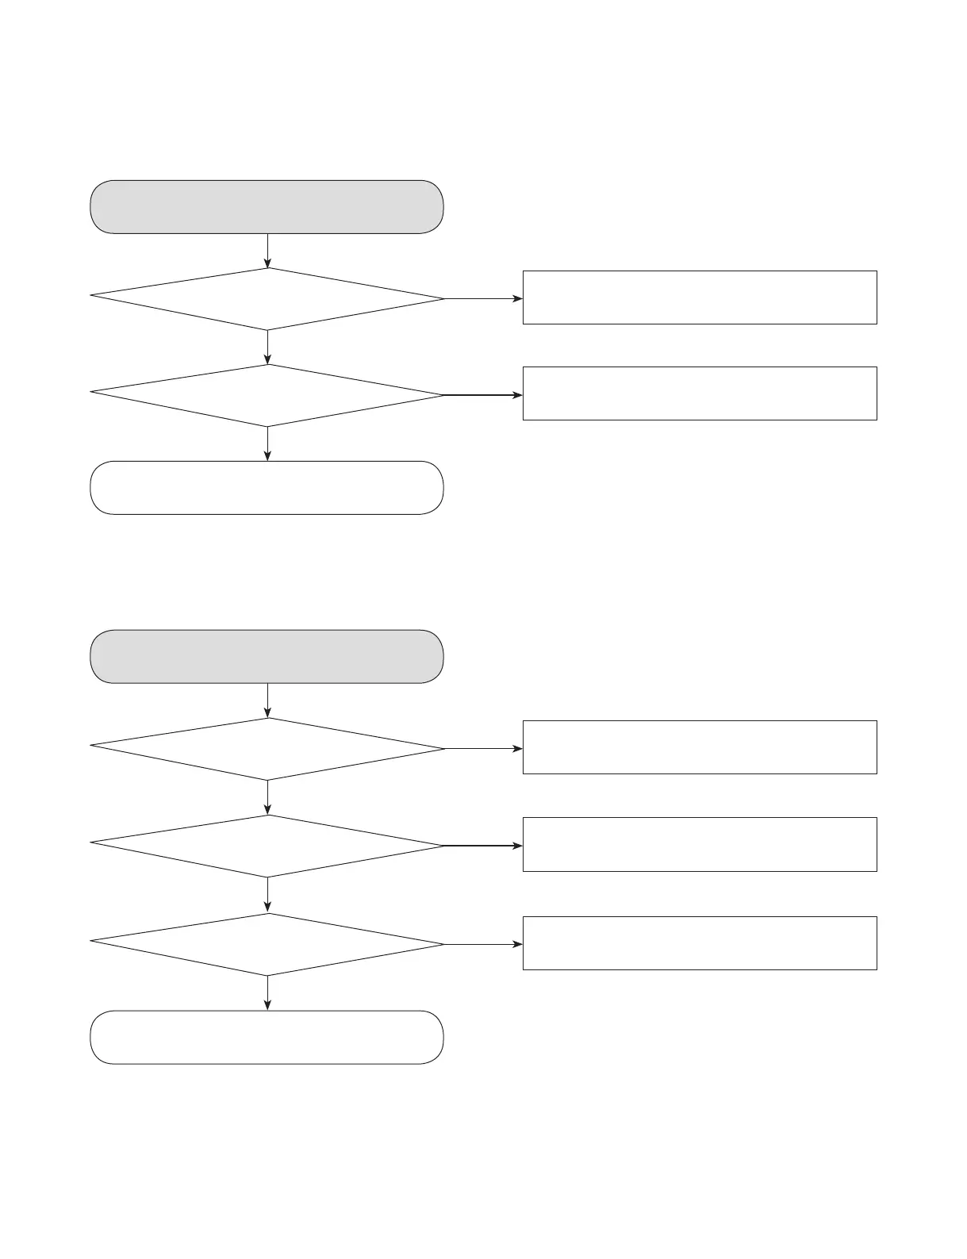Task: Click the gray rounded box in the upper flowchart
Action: click(267, 207)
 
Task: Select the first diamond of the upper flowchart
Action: click(267, 298)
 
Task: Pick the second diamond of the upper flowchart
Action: click(267, 395)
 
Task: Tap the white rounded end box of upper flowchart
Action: click(267, 488)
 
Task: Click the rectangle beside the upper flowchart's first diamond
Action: click(700, 297)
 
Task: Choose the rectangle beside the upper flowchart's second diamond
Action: click(700, 393)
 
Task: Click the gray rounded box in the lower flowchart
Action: click(267, 657)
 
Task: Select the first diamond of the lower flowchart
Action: click(267, 748)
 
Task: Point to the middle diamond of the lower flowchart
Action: click(267, 846)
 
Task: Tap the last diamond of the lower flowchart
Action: click(267, 944)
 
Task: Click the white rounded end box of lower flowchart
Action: click(267, 1038)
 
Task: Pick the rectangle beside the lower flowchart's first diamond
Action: click(700, 747)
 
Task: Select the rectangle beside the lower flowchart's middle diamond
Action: click(700, 844)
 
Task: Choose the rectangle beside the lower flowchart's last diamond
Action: click(700, 943)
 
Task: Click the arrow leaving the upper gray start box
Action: click(267, 251)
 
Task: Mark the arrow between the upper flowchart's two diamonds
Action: click(267, 347)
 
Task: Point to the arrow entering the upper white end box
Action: click(267, 443)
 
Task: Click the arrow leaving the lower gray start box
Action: click(267, 701)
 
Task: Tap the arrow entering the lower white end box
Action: click(267, 993)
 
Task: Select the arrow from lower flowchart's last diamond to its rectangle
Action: click(483, 944)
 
